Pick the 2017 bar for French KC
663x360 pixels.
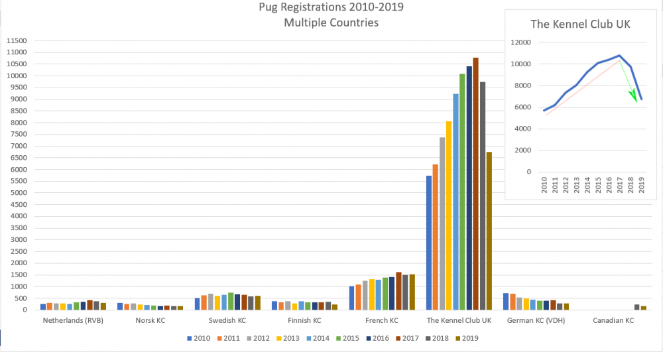pyautogui.click(x=398, y=291)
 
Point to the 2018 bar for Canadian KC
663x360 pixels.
pyautogui.click(x=637, y=307)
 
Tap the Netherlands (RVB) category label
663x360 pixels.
pyautogui.click(x=73, y=320)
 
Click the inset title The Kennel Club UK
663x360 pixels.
pyautogui.click(x=579, y=25)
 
